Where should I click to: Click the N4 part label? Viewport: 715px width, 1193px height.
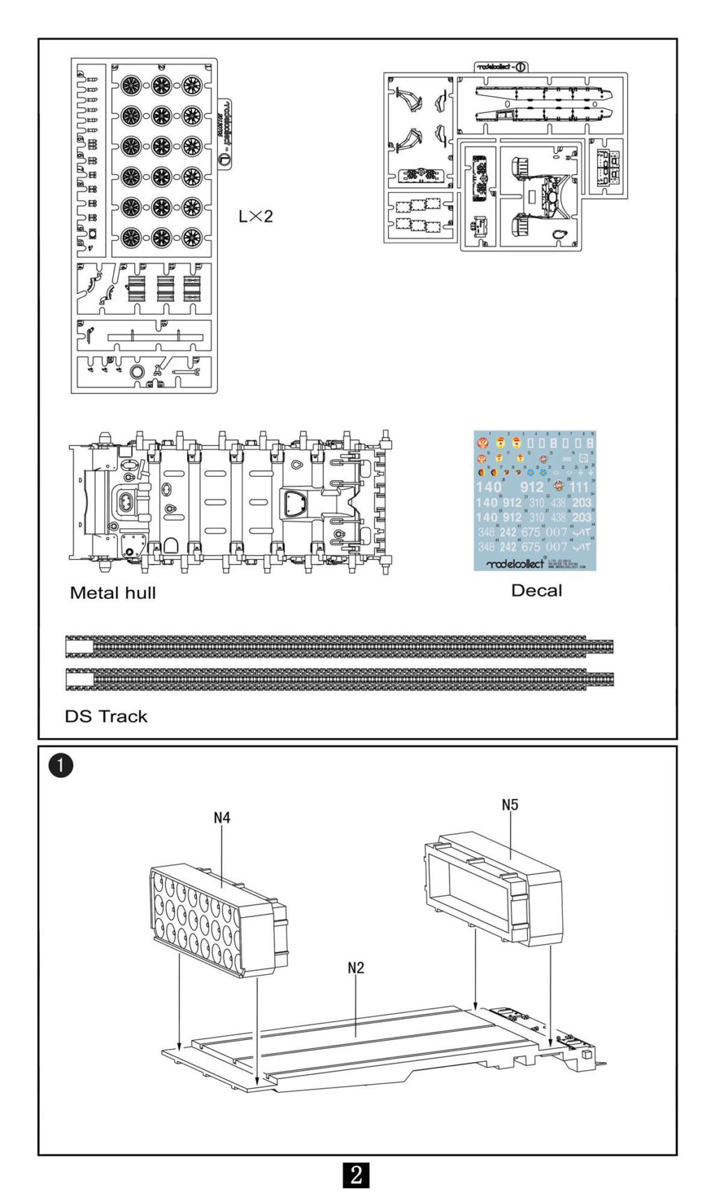[x=222, y=817]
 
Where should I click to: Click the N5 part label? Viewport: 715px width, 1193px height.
[x=510, y=804]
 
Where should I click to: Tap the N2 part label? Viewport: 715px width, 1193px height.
[x=355, y=967]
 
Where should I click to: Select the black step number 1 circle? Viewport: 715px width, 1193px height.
[x=61, y=765]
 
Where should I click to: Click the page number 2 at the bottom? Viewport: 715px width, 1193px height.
[x=356, y=1174]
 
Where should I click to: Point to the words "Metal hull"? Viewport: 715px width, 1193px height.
[x=112, y=593]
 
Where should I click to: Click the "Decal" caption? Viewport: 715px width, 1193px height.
[x=536, y=591]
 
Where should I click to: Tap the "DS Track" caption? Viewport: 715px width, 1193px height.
[x=106, y=716]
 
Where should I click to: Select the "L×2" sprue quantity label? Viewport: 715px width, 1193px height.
[x=256, y=217]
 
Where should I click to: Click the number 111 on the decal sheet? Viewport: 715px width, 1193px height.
[x=579, y=487]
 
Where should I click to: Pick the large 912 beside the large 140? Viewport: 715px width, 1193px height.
[x=532, y=487]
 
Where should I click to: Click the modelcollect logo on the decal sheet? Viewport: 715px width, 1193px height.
[x=515, y=563]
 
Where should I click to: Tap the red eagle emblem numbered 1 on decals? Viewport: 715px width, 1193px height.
[x=482, y=443]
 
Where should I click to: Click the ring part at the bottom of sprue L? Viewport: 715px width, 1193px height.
[x=138, y=372]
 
